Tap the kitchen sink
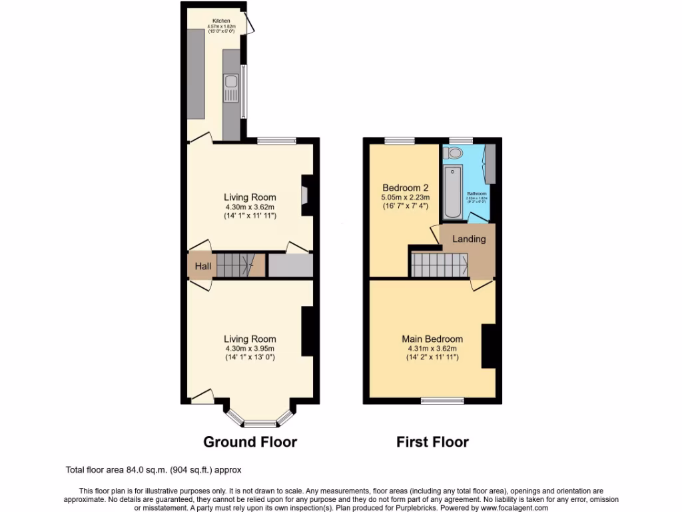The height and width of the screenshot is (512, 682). click(230, 87)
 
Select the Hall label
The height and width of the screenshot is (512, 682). click(202, 267)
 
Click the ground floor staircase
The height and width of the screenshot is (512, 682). click(237, 265)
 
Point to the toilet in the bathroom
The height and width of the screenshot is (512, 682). click(455, 154)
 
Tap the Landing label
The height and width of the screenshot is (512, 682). click(469, 239)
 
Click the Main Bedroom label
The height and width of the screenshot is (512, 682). click(432, 339)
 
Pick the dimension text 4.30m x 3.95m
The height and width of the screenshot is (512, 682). click(250, 348)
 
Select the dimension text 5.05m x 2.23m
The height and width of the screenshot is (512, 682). click(405, 197)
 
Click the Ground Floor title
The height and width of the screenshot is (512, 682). click(250, 442)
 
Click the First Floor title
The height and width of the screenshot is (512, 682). click(432, 442)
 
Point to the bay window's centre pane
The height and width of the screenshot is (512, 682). click(259, 423)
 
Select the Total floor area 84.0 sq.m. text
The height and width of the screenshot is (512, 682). click(157, 469)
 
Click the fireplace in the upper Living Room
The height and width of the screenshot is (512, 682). click(305, 195)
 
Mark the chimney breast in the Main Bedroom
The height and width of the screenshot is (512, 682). click(489, 346)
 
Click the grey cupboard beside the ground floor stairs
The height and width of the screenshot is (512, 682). click(290, 265)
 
